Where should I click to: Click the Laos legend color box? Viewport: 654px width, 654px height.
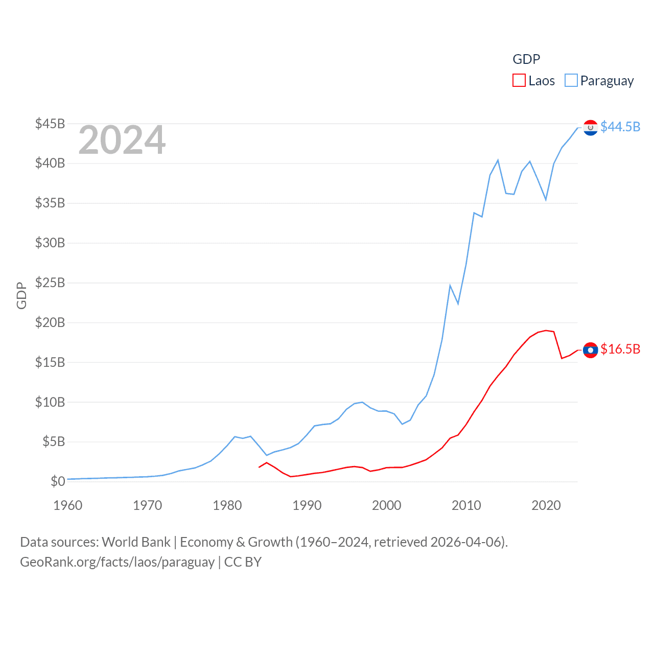[519, 81]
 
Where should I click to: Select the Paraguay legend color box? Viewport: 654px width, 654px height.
[571, 81]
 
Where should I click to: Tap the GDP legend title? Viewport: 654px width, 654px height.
[526, 59]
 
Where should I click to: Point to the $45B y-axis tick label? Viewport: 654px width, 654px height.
[50, 124]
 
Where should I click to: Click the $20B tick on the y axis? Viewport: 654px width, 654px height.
[50, 322]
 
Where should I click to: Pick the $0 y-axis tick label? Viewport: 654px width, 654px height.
[58, 481]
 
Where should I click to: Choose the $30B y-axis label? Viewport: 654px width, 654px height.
[50, 243]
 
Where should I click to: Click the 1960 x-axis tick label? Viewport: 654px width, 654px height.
[68, 505]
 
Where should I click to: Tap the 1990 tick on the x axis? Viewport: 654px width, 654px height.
[307, 505]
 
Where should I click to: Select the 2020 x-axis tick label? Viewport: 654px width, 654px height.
[546, 505]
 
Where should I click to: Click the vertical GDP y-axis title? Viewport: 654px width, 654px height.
[21, 295]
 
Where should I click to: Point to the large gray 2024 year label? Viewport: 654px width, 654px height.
[122, 140]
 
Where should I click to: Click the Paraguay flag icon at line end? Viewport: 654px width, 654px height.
[590, 128]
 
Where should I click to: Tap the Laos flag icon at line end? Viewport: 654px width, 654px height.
[590, 350]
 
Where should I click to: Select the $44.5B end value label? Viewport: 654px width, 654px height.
[620, 127]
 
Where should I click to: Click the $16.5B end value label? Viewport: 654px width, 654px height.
[620, 349]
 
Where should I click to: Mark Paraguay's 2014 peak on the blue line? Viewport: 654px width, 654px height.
[498, 160]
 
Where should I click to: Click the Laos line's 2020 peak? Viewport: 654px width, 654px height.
[546, 330]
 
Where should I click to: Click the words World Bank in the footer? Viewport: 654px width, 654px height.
[136, 542]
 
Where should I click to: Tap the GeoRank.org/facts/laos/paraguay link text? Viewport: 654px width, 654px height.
[118, 562]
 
